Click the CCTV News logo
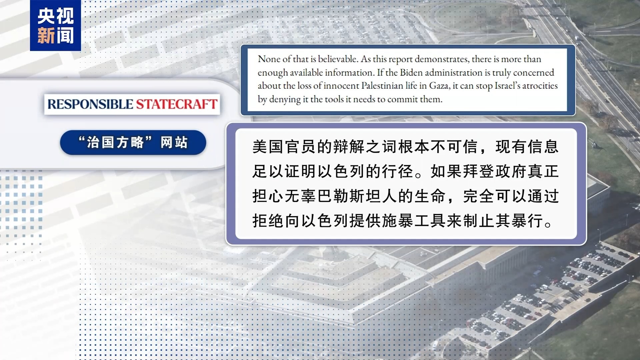click(55, 25)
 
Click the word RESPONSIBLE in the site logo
click(90, 104)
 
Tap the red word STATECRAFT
click(177, 104)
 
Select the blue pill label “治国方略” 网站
click(133, 142)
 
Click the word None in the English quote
click(269, 59)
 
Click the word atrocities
click(540, 86)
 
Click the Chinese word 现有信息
click(527, 147)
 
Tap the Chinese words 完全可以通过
click(511, 196)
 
